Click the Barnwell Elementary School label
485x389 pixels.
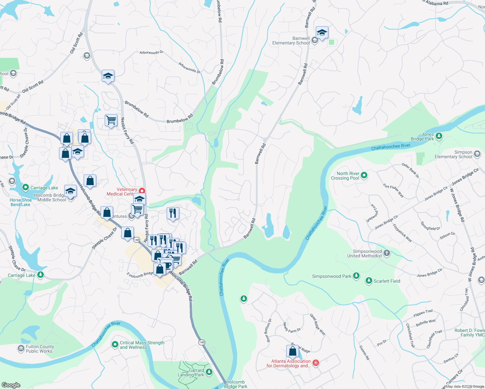pyautogui.click(x=291, y=41)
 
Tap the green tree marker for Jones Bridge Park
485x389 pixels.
pyautogui.click(x=439, y=136)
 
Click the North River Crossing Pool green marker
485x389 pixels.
pyautogui.click(x=364, y=175)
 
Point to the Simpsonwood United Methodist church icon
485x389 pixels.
pyautogui.click(x=386, y=253)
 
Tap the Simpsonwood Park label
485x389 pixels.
pyautogui.click(x=331, y=276)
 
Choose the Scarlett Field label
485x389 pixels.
pyautogui.click(x=387, y=281)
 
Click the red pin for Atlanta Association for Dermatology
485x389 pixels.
pyautogui.click(x=316, y=363)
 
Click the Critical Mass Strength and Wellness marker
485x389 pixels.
pyautogui.click(x=115, y=344)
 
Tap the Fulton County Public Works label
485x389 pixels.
pyautogui.click(x=40, y=349)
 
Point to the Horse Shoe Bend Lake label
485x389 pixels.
pyautogui.click(x=20, y=202)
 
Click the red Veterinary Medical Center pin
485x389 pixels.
pyautogui.click(x=142, y=191)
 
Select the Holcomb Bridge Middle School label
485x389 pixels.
pyautogui.click(x=49, y=197)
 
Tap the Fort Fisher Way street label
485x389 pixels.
pyautogui.click(x=393, y=191)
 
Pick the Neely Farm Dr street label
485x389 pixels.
pyautogui.click(x=292, y=328)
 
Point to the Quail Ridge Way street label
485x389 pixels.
pyautogui.click(x=317, y=324)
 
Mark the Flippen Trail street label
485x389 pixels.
pyautogui.click(x=423, y=313)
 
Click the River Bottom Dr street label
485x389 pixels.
pyautogui.click(x=269, y=330)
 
